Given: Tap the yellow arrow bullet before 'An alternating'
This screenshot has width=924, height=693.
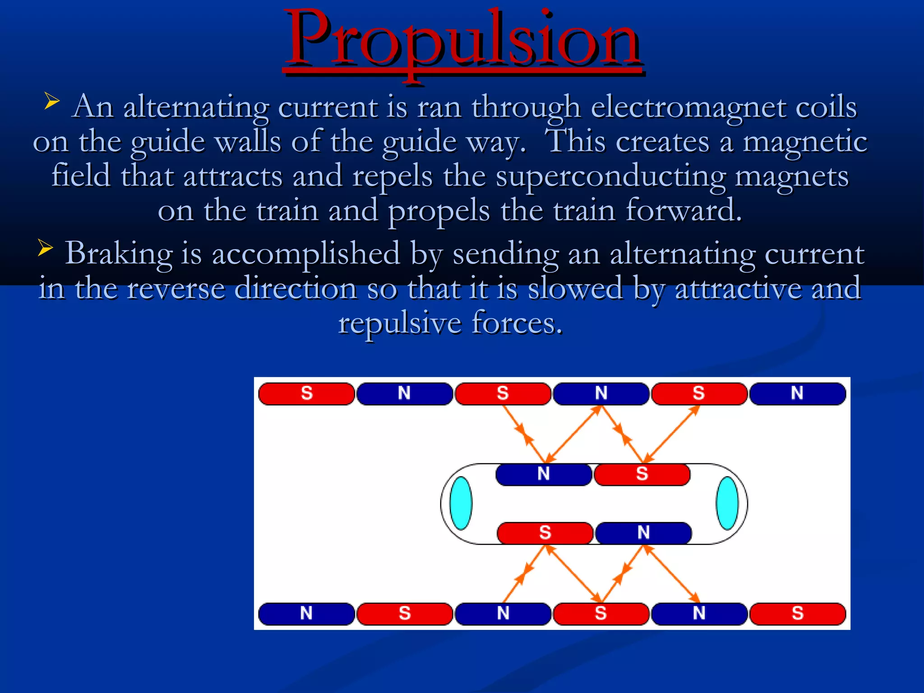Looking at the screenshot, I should tap(51, 101).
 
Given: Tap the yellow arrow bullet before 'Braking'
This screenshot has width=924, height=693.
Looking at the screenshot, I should tap(46, 248).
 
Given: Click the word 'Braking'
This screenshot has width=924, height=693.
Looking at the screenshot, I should tap(119, 254).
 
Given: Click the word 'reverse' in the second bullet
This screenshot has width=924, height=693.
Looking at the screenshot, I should tap(176, 289).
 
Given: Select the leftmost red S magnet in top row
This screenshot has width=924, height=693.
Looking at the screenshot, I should tap(306, 393).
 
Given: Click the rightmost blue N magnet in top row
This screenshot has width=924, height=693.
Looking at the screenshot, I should tap(797, 393).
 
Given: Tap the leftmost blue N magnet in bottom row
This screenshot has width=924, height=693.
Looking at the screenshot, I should tap(306, 614).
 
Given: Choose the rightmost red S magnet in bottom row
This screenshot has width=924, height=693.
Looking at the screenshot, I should tap(797, 614).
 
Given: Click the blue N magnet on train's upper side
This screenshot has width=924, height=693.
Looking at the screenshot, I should tap(544, 474).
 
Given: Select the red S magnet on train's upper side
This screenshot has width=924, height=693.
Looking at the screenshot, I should tap(642, 474).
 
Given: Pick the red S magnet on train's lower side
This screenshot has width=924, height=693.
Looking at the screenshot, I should tap(545, 533).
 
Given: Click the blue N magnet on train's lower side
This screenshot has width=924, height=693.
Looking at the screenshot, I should tap(643, 533).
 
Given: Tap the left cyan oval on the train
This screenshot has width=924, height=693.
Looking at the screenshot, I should tap(461, 503).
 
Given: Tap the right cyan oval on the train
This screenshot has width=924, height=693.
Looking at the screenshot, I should tap(727, 503).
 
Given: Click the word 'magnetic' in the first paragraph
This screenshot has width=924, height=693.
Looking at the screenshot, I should tap(805, 143).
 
